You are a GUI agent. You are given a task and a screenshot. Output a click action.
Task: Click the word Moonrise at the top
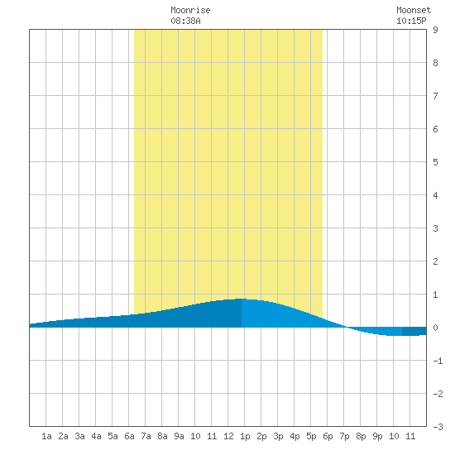pos(190,10)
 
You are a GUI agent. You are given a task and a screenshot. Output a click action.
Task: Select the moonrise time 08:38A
pos(185,21)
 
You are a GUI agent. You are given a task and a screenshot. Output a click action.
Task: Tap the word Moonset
pos(414,10)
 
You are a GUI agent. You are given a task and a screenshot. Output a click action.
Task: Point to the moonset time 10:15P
pos(411,21)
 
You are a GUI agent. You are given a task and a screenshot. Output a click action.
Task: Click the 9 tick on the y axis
pos(435,30)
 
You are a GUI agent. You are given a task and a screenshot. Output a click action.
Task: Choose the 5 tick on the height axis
pos(435,162)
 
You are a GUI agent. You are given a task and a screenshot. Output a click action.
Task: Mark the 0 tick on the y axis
pos(435,328)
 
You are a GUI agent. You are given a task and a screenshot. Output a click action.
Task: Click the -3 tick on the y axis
pos(438,427)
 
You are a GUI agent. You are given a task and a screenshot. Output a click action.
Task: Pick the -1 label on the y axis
pos(438,361)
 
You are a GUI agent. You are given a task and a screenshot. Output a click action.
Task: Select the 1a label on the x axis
pos(46,436)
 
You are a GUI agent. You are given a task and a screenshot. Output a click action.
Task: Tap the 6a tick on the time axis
pos(129,436)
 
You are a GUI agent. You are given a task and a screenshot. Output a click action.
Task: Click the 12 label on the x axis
pos(228,436)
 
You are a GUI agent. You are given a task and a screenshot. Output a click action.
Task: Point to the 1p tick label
pos(245,436)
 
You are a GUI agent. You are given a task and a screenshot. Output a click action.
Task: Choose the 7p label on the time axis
pos(344,436)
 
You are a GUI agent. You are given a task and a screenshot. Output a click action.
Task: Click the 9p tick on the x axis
pos(377,436)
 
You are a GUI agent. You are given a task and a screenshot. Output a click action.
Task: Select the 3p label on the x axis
pos(278,436)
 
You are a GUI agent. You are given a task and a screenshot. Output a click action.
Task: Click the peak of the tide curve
pos(242,299)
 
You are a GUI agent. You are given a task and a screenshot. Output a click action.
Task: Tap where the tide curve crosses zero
pos(346,328)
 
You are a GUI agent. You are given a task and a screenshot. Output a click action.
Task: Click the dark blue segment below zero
pos(414,332)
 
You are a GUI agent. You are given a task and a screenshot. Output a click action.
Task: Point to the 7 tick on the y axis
pos(435,96)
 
